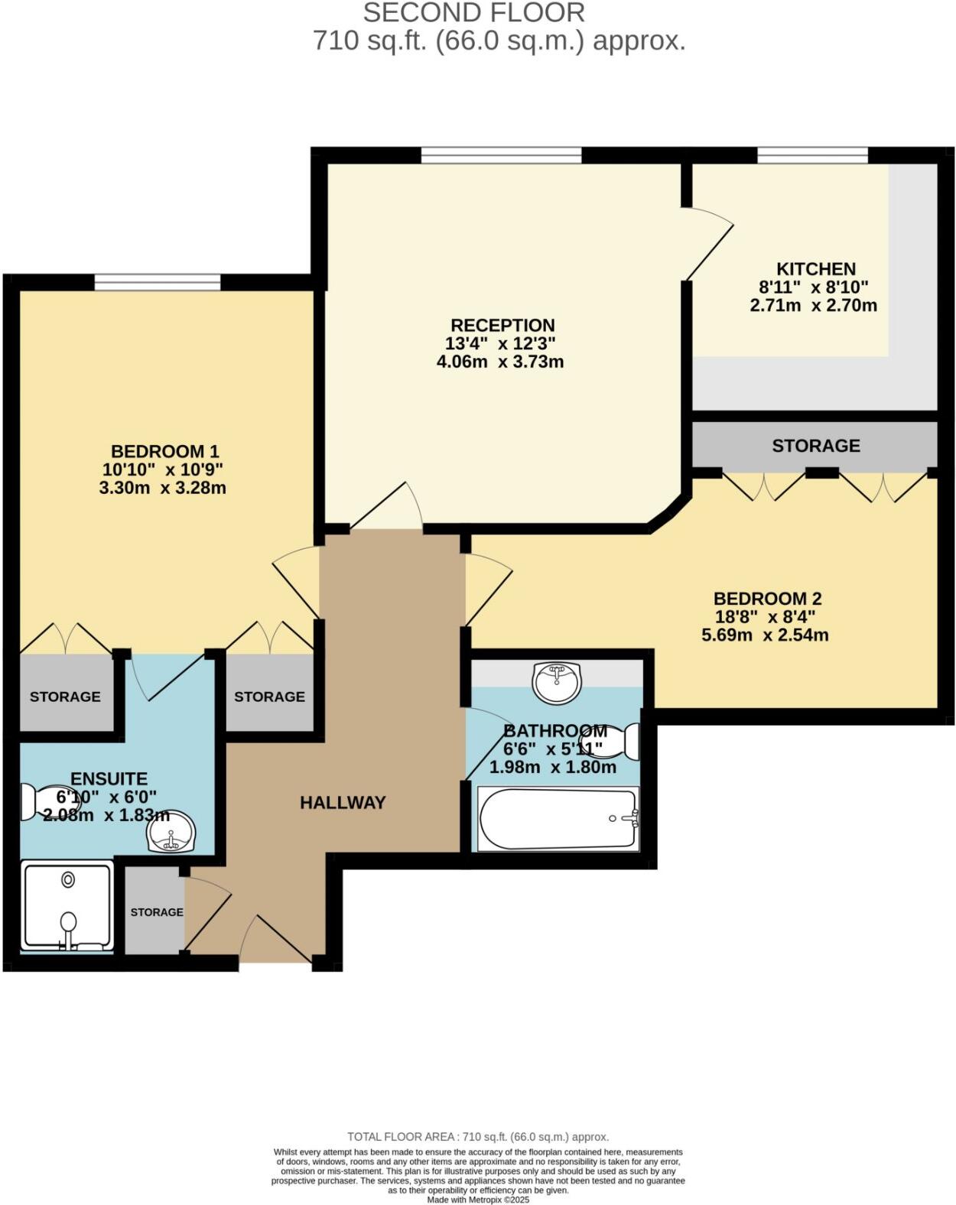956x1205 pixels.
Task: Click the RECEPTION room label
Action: click(502, 325)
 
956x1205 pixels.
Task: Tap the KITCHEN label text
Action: click(815, 269)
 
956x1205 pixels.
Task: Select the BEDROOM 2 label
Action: click(767, 599)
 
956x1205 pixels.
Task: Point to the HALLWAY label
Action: click(343, 803)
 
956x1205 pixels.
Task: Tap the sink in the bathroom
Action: click(558, 681)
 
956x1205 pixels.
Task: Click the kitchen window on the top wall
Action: click(812, 156)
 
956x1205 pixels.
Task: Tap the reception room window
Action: click(501, 156)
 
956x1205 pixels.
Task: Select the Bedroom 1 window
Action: click(158, 283)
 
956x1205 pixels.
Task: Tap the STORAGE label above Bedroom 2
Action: click(815, 446)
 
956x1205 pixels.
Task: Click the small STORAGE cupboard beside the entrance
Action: click(155, 911)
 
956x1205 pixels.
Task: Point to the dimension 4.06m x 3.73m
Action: click(499, 362)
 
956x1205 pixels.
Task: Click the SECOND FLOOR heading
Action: click(473, 12)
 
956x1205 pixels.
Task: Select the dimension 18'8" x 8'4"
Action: click(766, 617)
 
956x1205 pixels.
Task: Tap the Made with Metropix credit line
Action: click(478, 1200)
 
